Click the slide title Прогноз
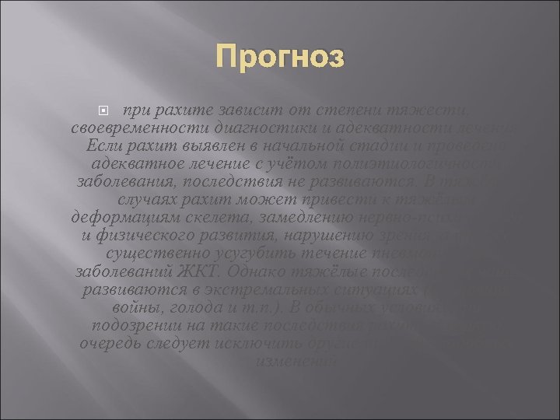281,57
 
